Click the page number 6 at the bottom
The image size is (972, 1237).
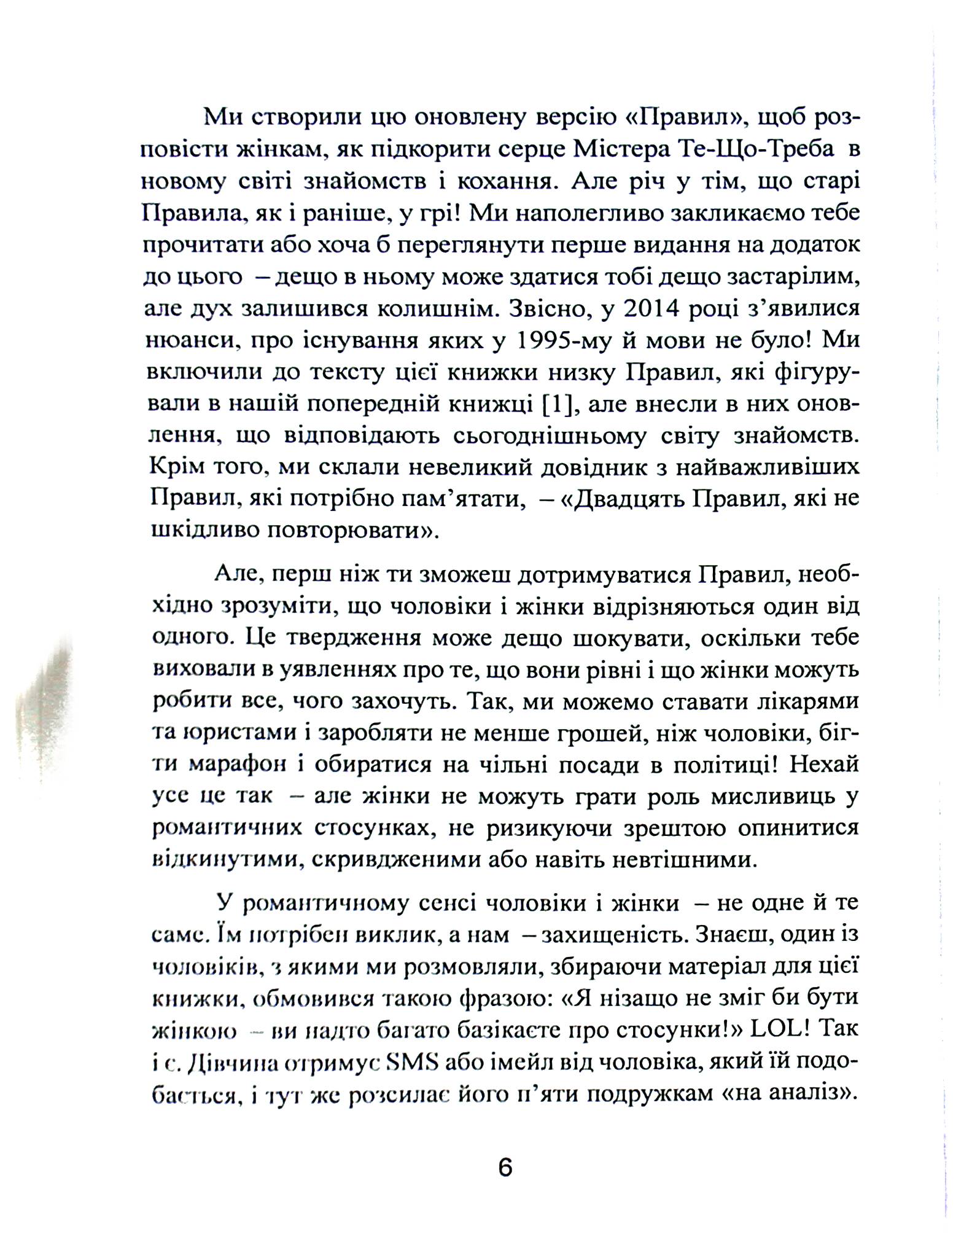click(x=505, y=1167)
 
